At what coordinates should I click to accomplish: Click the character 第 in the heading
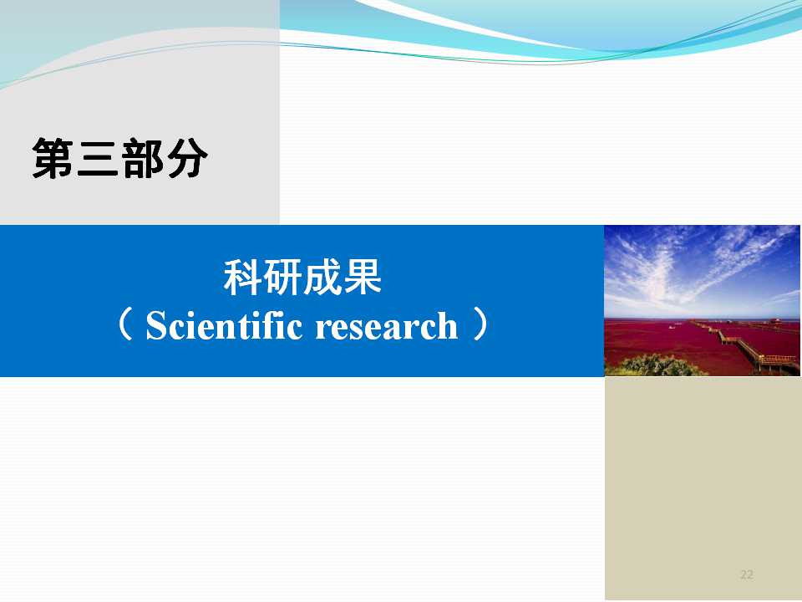coord(53,158)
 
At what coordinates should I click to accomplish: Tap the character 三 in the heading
coord(98,158)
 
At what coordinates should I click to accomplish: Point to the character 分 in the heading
coord(187,158)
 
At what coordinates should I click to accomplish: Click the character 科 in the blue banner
coord(243,278)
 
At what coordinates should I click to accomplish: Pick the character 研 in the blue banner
coord(283,278)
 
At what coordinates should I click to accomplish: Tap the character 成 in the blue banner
coord(322,278)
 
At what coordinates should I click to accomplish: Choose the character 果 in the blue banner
coord(363,278)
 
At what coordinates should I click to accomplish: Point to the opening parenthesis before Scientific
coord(125,324)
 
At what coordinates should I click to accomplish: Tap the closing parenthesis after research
coord(480,324)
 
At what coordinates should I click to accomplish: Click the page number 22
coord(747,574)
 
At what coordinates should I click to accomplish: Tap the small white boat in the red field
coord(672,327)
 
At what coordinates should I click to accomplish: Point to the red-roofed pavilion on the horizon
coord(777,321)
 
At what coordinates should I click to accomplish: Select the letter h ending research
coord(447,325)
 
